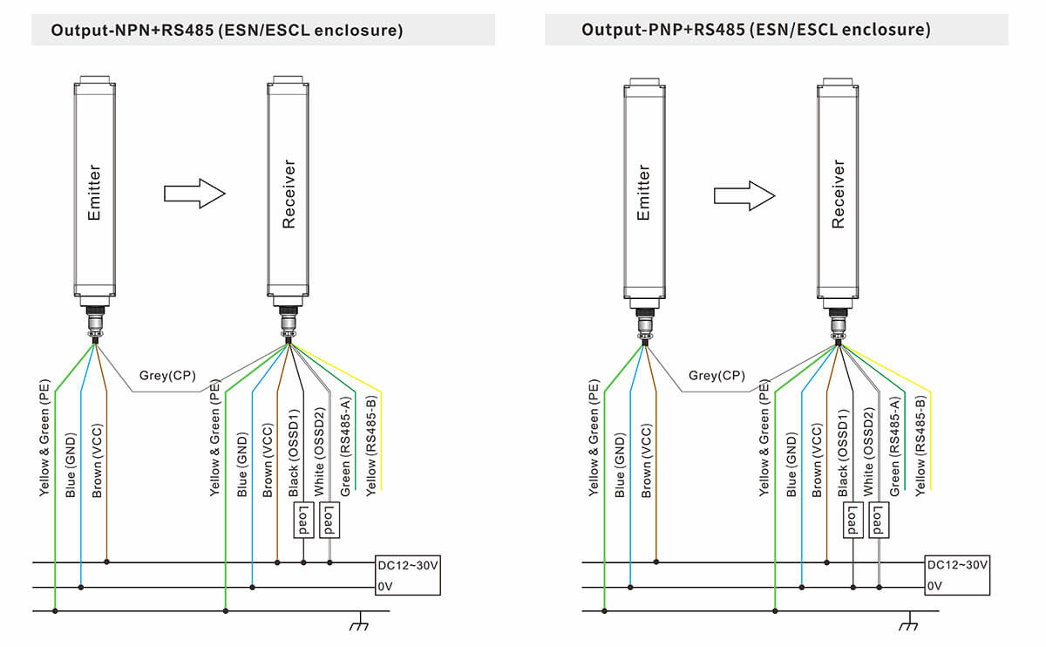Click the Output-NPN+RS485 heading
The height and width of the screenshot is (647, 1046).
(x=227, y=31)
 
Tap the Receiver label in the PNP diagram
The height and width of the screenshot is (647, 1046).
(x=839, y=194)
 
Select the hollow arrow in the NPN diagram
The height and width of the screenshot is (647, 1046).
(x=194, y=194)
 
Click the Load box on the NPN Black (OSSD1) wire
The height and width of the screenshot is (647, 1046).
(x=303, y=521)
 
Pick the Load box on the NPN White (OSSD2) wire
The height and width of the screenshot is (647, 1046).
(x=329, y=521)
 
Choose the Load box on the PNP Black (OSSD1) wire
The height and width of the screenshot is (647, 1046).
(x=852, y=521)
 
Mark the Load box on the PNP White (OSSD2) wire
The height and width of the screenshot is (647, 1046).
(x=879, y=521)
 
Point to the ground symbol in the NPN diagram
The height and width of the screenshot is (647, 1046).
(x=357, y=624)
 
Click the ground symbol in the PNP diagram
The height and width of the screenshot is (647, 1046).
(x=907, y=624)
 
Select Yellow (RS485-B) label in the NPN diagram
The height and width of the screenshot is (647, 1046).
(x=372, y=445)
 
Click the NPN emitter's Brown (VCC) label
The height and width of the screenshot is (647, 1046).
(x=98, y=462)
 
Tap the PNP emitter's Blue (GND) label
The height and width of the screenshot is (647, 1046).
(x=620, y=462)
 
